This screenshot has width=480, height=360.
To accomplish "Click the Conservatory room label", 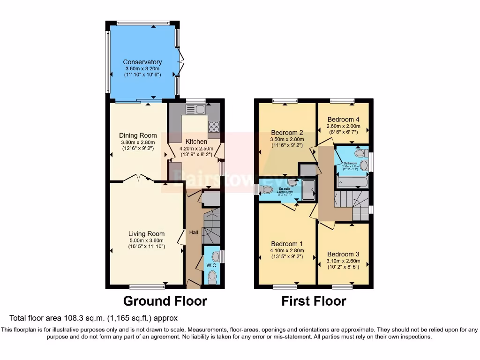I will tap(142, 62).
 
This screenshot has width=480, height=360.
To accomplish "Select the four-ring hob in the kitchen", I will tap(214, 126).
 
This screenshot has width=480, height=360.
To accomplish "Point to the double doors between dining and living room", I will tap(138, 178).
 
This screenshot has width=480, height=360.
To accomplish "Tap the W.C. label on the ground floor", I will tap(212, 265).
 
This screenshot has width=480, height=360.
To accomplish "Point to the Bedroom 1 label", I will tap(287, 244).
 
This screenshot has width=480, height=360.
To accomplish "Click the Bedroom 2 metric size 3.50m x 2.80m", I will tap(287, 139).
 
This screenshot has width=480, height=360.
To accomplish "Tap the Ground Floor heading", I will tap(165, 300).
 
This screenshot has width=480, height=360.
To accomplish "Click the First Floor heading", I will tap(314, 301).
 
